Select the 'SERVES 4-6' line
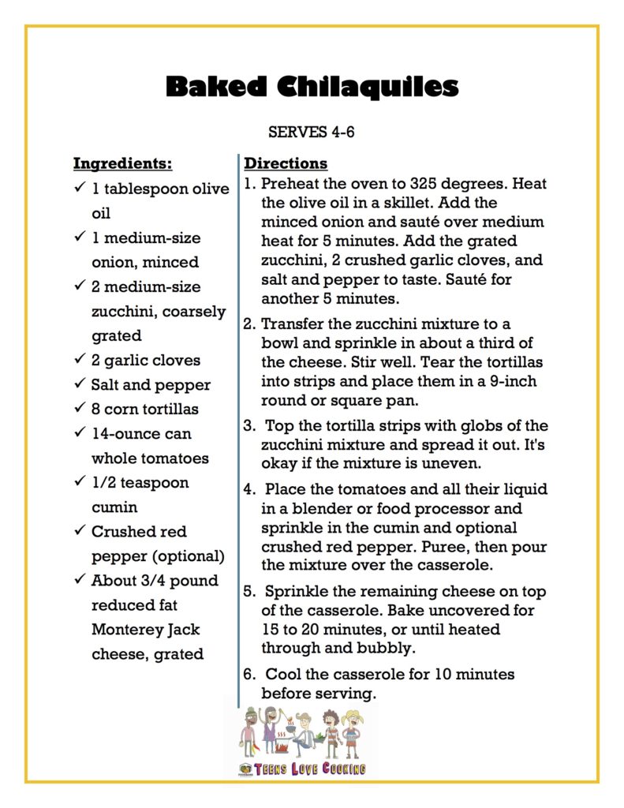coord(312,132)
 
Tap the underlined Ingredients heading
coord(122,164)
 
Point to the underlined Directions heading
coord(286,164)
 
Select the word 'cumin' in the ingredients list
coord(115,507)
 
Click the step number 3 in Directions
coord(248,427)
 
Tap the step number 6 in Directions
coord(248,675)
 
